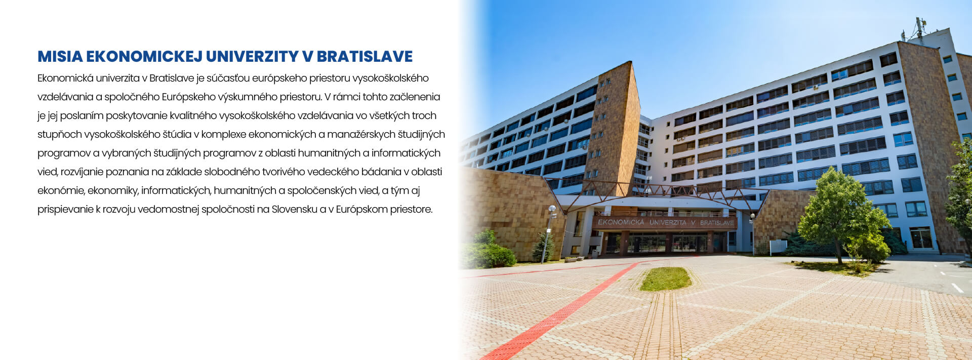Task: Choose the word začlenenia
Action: [415, 97]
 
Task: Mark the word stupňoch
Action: [60, 135]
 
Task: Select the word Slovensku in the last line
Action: [294, 209]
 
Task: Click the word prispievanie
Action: [65, 210]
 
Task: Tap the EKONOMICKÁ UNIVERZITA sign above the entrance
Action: [666, 222]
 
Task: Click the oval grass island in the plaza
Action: [665, 279]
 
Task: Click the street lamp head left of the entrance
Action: [552, 209]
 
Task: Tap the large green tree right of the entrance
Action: [842, 213]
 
